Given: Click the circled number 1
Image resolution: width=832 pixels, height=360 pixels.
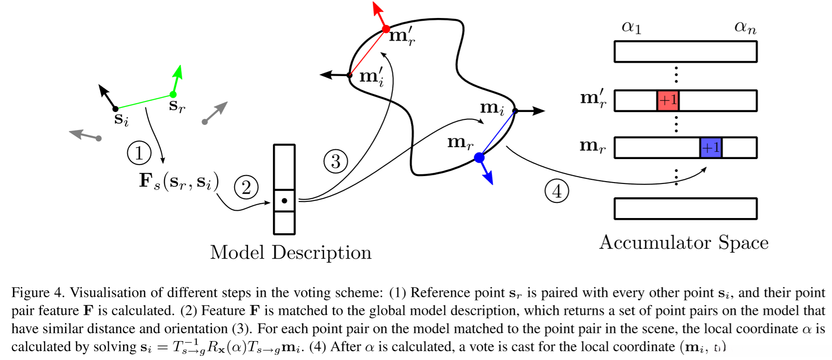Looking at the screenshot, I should click(x=139, y=153).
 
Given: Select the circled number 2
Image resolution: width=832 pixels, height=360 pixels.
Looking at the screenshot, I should click(x=246, y=188).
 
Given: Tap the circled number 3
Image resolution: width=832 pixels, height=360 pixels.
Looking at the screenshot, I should click(x=336, y=161).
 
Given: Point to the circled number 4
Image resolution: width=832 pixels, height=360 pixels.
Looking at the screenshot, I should click(x=557, y=191).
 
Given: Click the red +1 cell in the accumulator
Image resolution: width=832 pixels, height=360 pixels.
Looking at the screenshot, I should click(x=668, y=100).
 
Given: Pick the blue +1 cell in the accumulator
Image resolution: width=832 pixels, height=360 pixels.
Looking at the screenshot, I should click(x=711, y=148).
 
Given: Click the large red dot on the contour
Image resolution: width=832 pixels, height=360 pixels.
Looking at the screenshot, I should click(x=386, y=29).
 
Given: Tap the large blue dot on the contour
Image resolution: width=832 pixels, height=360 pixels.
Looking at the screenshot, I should click(x=479, y=158).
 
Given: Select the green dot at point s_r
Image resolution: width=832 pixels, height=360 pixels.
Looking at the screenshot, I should click(x=173, y=94).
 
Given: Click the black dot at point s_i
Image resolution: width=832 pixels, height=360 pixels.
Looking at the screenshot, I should click(x=115, y=109).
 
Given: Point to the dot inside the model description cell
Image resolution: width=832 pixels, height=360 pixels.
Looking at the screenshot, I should click(x=284, y=201).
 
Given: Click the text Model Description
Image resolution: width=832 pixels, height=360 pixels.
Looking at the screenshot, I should click(x=290, y=253).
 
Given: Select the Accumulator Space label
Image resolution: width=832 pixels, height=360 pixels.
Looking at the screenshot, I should click(x=684, y=242).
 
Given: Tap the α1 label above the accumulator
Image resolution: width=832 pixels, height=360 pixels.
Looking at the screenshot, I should click(x=631, y=28).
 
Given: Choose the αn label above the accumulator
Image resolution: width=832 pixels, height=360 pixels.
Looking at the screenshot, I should click(x=745, y=28).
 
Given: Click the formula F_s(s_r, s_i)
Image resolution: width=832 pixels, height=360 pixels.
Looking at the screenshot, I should click(x=178, y=181).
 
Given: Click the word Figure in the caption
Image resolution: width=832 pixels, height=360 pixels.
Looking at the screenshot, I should click(x=30, y=293).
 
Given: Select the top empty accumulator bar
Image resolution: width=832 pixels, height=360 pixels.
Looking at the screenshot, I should click(x=685, y=52).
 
